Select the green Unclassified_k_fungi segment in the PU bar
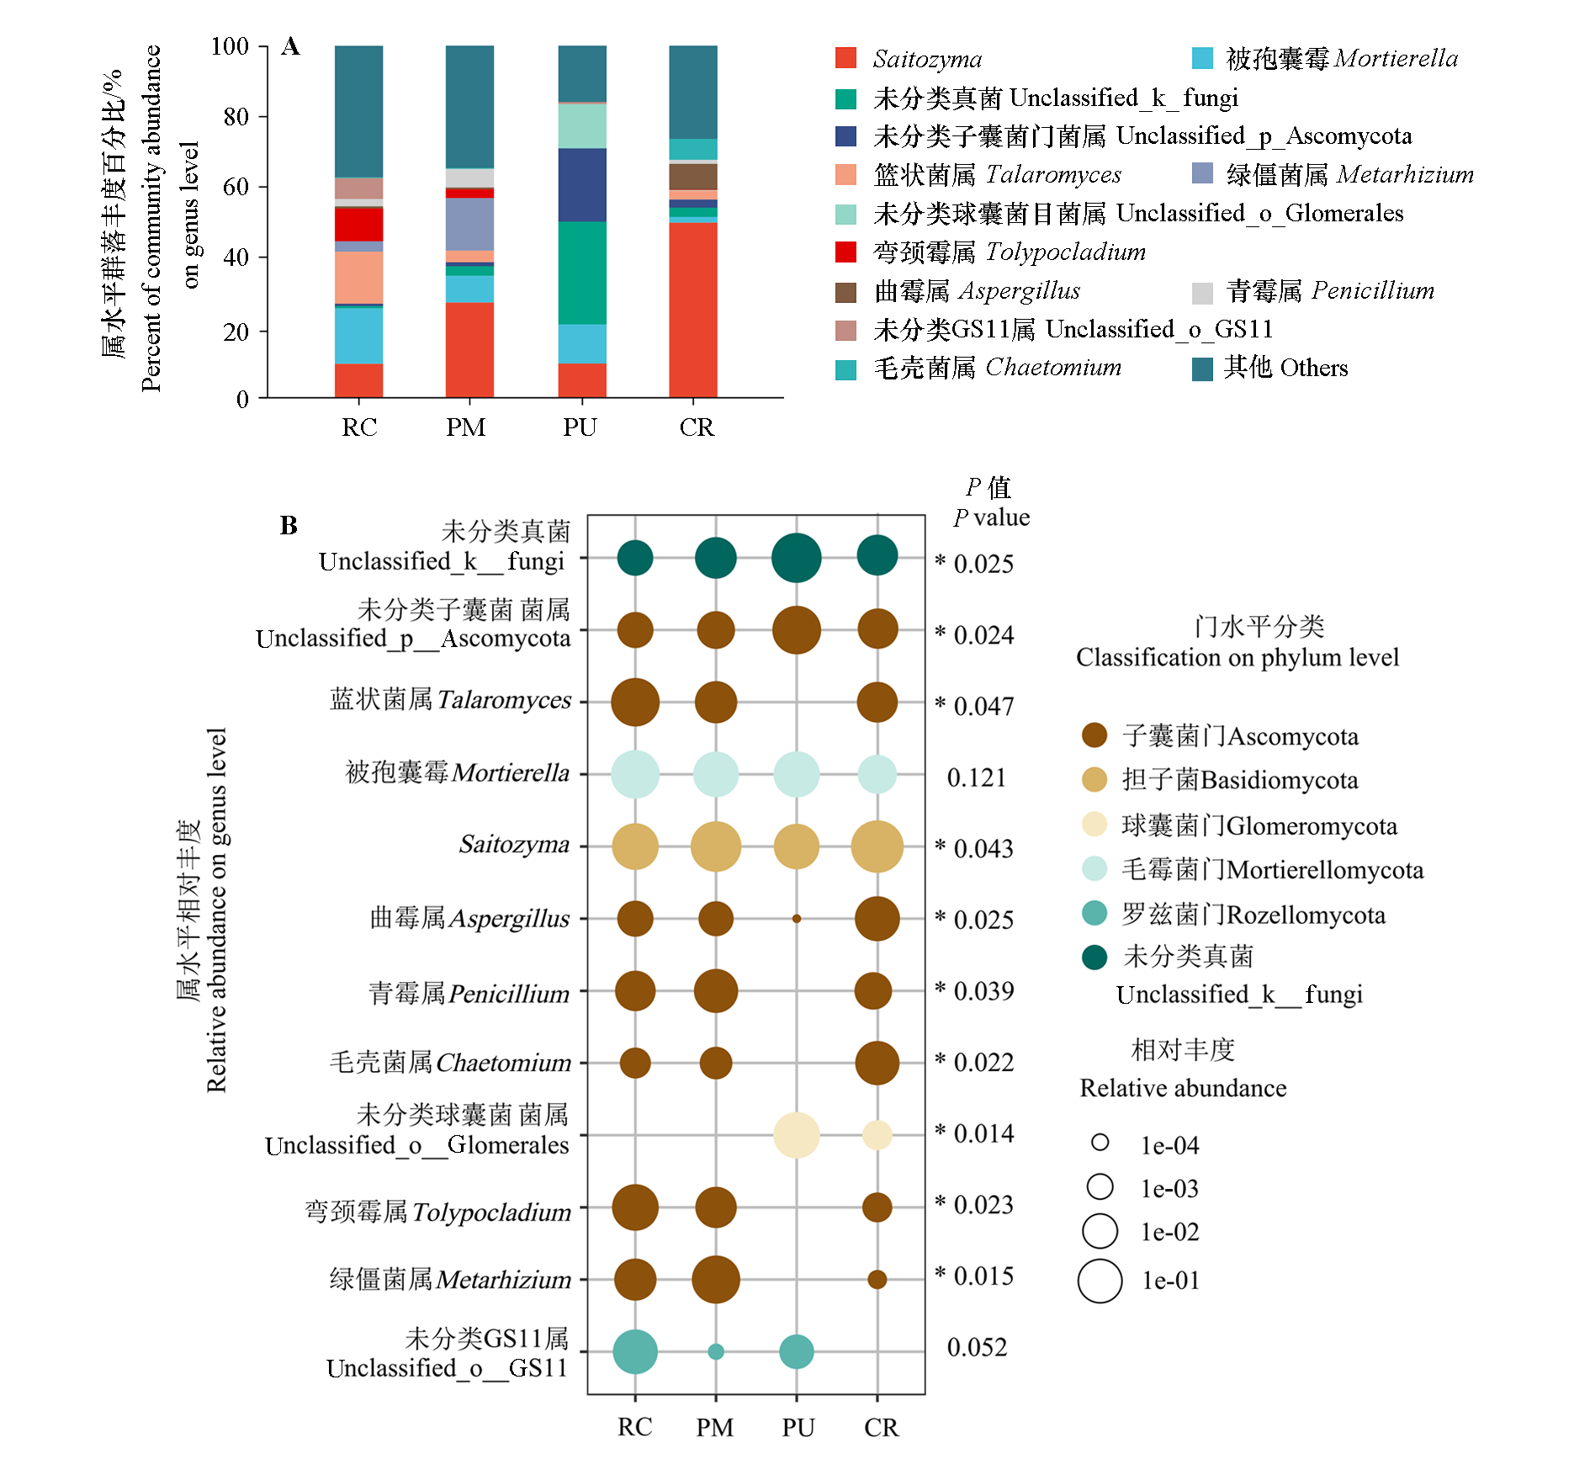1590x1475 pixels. tap(582, 273)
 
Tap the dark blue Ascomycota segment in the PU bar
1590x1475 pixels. tap(582, 184)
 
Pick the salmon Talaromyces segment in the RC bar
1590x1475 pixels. tap(358, 277)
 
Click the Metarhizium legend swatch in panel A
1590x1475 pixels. tap(1202, 173)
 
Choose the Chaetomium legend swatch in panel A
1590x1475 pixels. tap(845, 369)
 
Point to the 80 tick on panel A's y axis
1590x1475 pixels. tap(236, 116)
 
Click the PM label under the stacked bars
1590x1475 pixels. tap(465, 427)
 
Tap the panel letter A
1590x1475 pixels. tap(290, 46)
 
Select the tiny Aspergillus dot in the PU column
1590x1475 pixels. tap(797, 919)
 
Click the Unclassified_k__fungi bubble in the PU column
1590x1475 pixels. tap(797, 558)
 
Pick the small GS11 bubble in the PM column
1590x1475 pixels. tap(716, 1352)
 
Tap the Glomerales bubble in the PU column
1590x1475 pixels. tap(797, 1135)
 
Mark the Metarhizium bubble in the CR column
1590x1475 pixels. tap(877, 1280)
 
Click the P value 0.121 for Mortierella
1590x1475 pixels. tap(977, 777)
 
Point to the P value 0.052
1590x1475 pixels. tap(977, 1347)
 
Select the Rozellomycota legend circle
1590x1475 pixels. tap(1094, 913)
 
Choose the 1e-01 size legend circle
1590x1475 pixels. tap(1100, 1281)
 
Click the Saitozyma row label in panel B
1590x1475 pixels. tap(514, 844)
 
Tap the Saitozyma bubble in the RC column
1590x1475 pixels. tap(635, 846)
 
